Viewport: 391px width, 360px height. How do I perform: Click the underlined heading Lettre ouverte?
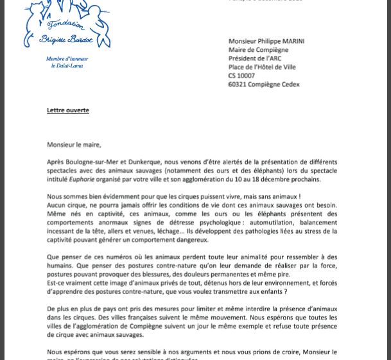coord(67,110)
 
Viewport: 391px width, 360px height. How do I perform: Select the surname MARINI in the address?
coord(290,41)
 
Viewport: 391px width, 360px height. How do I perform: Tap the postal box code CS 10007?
coord(241,76)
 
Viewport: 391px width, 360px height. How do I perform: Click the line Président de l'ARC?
coord(255,58)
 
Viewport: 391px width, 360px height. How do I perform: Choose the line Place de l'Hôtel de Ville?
coord(262,67)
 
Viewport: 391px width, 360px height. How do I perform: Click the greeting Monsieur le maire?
coord(74,145)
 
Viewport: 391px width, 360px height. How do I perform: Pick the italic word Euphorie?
coord(82,180)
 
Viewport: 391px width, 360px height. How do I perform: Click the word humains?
coord(62,266)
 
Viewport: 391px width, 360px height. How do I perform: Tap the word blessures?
coord(152,274)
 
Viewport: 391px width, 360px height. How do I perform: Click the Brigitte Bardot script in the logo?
coord(66,39)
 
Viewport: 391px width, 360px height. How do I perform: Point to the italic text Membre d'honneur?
coord(67,59)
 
